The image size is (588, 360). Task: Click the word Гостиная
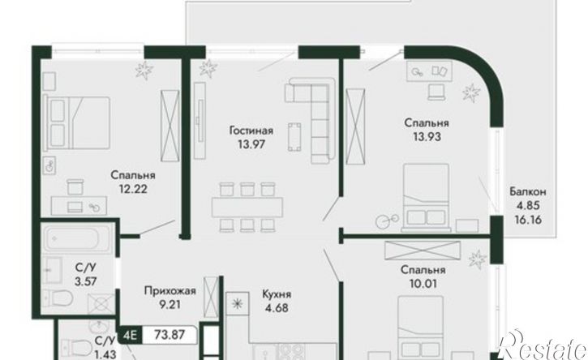click(251, 131)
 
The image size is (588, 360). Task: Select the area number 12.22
click(133, 189)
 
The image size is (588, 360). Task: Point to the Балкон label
click(528, 192)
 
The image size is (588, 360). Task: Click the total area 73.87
click(170, 335)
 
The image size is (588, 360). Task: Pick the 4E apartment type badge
click(130, 335)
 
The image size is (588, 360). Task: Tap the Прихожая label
click(170, 290)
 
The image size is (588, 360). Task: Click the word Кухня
click(277, 294)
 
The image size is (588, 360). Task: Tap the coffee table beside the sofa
click(294, 136)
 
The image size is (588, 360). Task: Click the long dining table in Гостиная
click(247, 208)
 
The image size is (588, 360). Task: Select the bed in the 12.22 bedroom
click(77, 122)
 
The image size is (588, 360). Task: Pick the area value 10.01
click(423, 284)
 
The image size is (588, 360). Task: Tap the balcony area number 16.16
click(528, 220)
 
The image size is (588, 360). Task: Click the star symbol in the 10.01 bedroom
click(478, 259)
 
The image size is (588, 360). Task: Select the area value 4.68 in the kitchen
click(276, 308)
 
